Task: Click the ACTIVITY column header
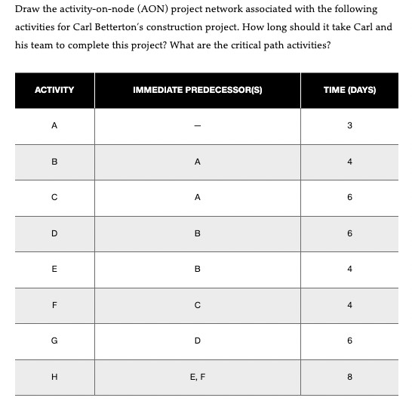54,90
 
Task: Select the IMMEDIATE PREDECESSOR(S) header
197,90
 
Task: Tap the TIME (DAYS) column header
349,90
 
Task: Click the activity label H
54,377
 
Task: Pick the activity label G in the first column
54,341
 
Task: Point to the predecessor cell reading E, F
197,377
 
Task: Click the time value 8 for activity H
349,377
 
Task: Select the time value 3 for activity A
349,126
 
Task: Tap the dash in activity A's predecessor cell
197,126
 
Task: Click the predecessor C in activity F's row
197,305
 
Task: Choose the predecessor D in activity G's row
197,341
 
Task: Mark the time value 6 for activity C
349,198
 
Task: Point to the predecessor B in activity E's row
197,269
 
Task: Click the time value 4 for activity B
349,162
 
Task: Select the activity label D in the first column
54,233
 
